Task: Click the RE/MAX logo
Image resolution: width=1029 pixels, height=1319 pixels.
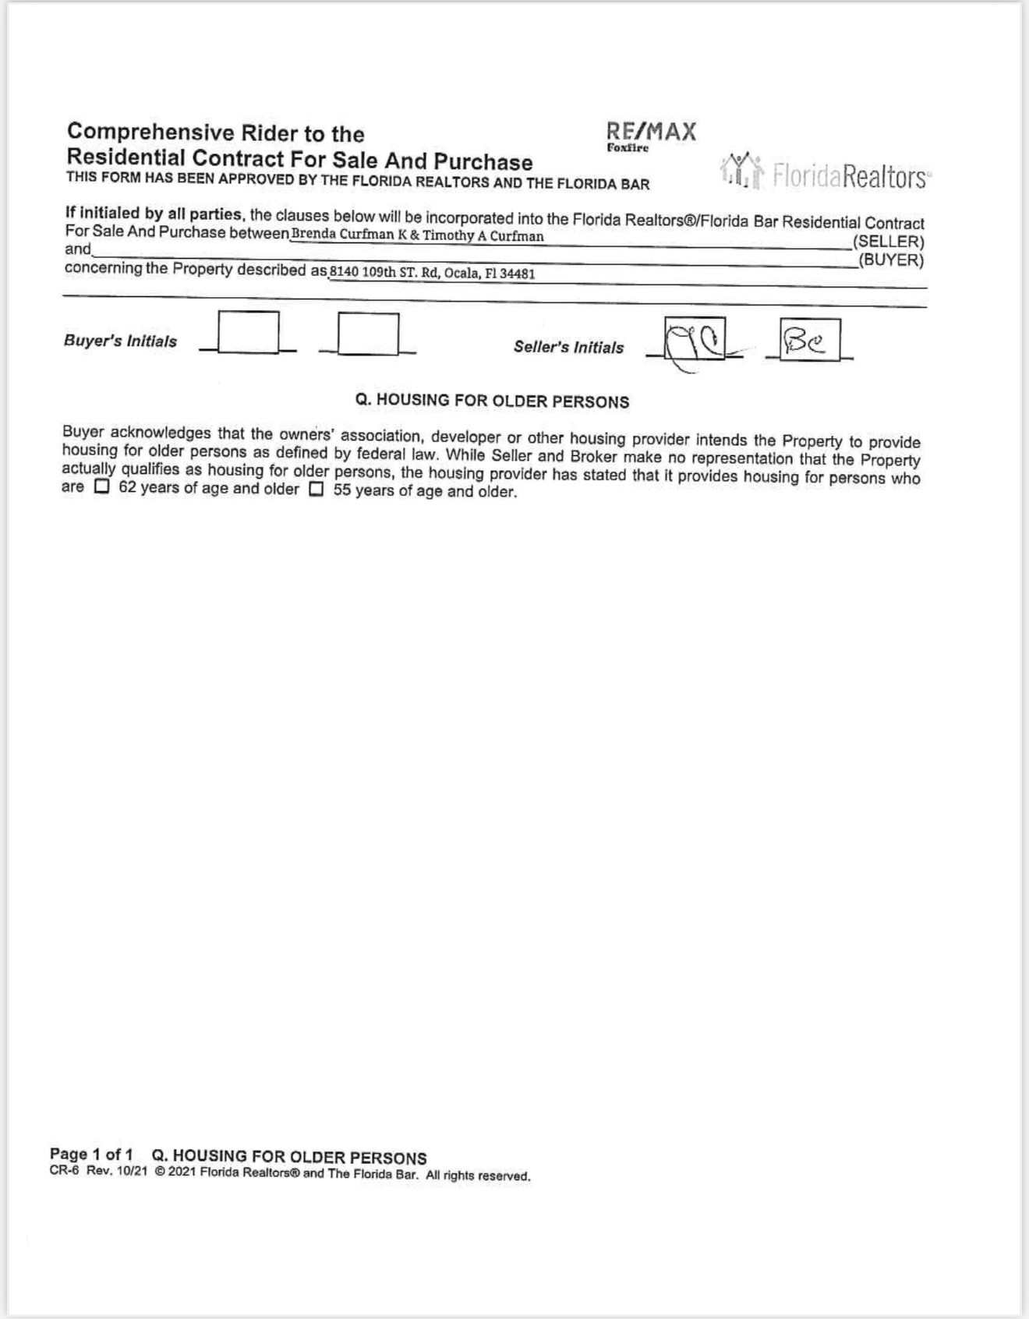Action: [651, 132]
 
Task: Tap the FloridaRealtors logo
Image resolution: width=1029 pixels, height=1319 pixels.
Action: [826, 173]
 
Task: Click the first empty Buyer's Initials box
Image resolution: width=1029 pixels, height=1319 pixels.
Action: [249, 332]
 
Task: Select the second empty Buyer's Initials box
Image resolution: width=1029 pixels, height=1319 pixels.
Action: [368, 334]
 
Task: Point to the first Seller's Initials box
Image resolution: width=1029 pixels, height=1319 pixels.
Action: [695, 338]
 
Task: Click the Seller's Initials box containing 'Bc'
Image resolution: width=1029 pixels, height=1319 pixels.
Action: [810, 340]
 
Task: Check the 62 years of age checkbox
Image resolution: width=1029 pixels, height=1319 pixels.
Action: [102, 487]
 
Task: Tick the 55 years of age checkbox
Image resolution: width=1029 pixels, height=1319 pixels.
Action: [316, 490]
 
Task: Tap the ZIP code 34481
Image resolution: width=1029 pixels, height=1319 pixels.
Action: [518, 274]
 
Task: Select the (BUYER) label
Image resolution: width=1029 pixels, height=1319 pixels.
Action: [890, 260]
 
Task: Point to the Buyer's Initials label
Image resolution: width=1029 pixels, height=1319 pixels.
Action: [120, 341]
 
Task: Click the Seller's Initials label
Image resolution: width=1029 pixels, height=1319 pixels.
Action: [568, 347]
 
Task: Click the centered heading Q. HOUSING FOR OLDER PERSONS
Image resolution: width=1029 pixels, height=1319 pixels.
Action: [492, 401]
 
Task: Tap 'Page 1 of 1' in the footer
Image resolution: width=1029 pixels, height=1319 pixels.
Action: [91, 1154]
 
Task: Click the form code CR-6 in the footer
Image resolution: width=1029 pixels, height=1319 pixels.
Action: [64, 1171]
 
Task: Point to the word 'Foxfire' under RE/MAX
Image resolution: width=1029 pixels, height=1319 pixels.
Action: [628, 148]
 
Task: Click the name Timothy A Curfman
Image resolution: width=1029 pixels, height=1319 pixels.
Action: [483, 235]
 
